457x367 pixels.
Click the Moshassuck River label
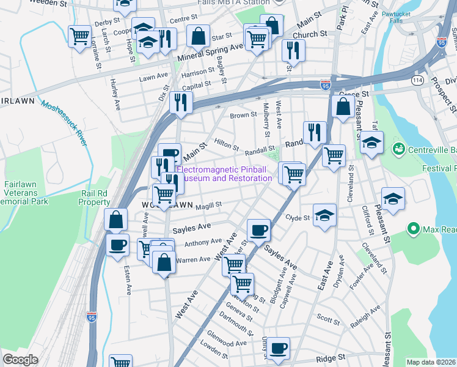point(64,123)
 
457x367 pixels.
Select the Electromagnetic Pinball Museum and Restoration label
point(224,174)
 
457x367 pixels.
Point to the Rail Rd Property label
point(95,198)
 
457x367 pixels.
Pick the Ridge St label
point(331,357)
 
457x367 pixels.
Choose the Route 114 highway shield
point(418,80)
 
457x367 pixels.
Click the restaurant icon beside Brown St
point(180,102)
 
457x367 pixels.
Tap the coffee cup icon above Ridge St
point(278,347)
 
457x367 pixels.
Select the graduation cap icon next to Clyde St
point(324,215)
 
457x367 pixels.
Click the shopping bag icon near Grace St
point(343,106)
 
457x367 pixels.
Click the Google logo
point(20,360)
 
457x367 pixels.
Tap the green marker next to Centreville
point(400,149)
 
